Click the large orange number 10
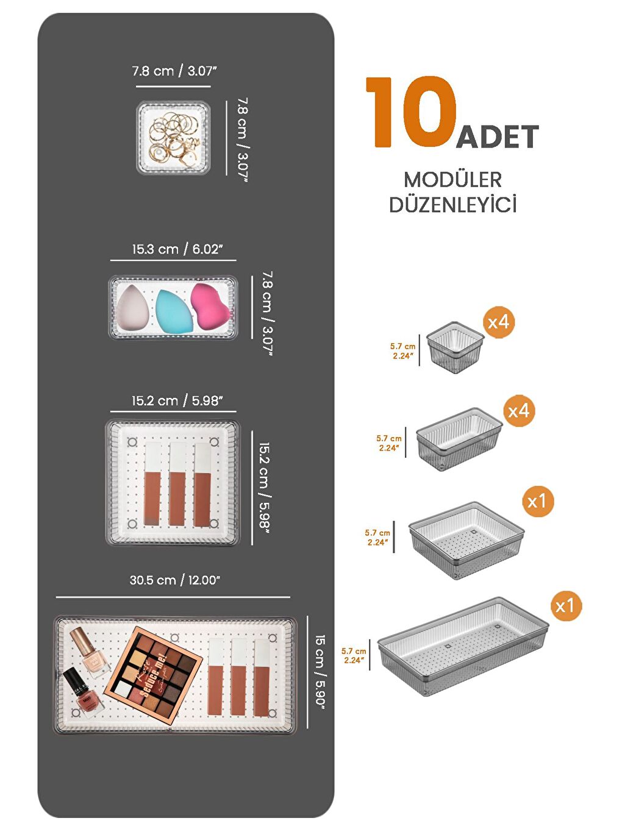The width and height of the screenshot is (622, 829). coord(411,112)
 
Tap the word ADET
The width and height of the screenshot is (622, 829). coord(498,137)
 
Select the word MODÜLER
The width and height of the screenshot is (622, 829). coord(452,180)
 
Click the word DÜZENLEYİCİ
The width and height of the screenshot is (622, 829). coord(452,205)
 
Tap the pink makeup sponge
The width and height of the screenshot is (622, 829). coord(210,305)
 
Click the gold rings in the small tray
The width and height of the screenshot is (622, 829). coord(174,138)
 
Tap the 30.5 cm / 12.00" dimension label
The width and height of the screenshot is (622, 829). coord(174,580)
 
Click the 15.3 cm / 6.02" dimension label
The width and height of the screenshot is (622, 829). coord(177,249)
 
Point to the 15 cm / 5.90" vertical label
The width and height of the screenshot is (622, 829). coord(320,671)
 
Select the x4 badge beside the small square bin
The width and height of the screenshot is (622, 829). coord(498,322)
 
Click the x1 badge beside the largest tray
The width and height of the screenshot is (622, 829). coord(565,605)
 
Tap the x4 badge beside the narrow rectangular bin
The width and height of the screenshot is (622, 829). coord(518,411)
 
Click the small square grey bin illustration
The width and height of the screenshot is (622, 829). coord(454,347)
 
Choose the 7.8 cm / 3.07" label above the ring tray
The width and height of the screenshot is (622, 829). coord(174,71)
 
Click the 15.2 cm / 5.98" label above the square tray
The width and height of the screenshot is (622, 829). coord(177,401)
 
